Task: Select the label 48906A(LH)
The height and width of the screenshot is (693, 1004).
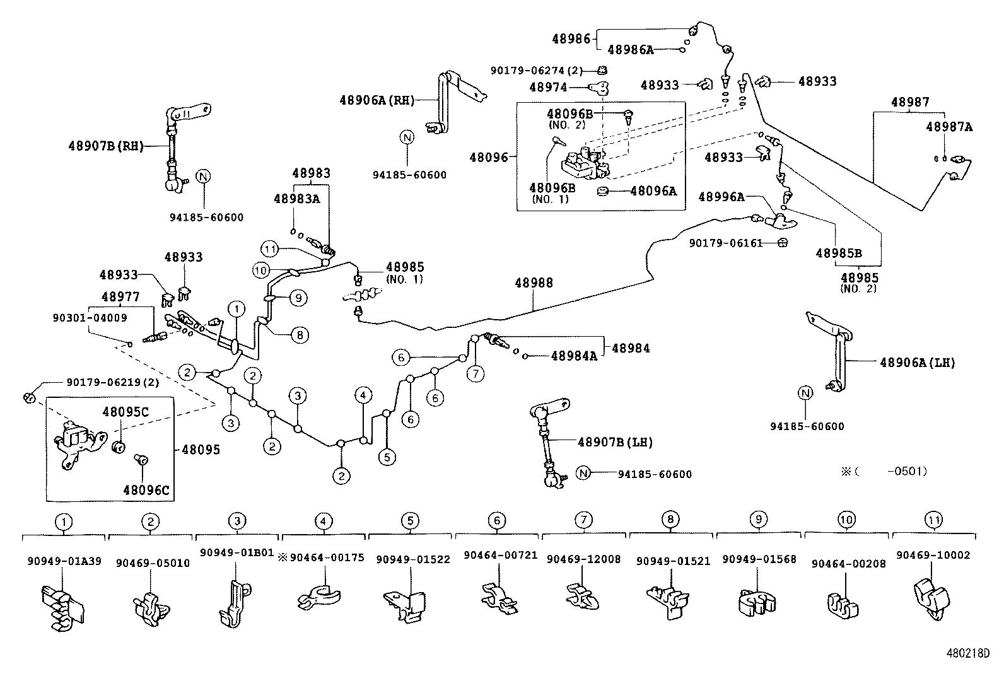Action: point(917,363)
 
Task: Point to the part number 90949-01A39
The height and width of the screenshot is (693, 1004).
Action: point(64,561)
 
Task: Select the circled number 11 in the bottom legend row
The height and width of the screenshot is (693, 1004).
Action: point(933,521)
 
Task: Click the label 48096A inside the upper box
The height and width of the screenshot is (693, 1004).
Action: point(653,190)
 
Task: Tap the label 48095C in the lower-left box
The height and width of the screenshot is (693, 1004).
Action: point(125,412)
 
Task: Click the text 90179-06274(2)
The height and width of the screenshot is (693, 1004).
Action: point(537,71)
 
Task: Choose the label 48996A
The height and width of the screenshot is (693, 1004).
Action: point(721,197)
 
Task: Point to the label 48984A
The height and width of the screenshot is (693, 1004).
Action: point(573,356)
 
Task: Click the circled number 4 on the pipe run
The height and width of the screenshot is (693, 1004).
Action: point(363,395)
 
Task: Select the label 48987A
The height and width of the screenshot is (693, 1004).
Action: point(949,127)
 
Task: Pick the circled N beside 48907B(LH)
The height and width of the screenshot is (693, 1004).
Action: point(583,474)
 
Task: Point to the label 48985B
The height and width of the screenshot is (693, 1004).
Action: point(838,253)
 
